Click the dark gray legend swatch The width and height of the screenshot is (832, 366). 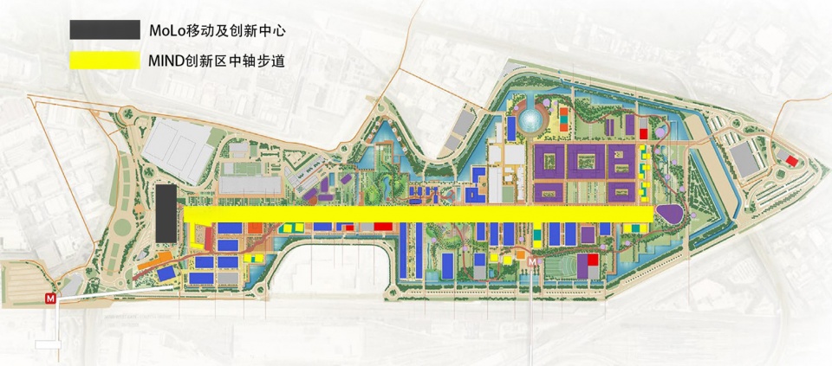[x=104, y=29]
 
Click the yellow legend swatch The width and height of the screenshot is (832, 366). [x=104, y=60]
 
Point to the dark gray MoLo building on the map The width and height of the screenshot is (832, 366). [x=166, y=213]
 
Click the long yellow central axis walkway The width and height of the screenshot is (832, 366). [x=416, y=214]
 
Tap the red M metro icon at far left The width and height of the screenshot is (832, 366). [x=51, y=298]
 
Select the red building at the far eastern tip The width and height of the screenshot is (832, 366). [x=792, y=161]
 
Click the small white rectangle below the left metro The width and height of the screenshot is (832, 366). [x=47, y=344]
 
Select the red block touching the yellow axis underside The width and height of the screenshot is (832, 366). [x=381, y=225]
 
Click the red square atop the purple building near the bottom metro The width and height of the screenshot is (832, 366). [x=593, y=260]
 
